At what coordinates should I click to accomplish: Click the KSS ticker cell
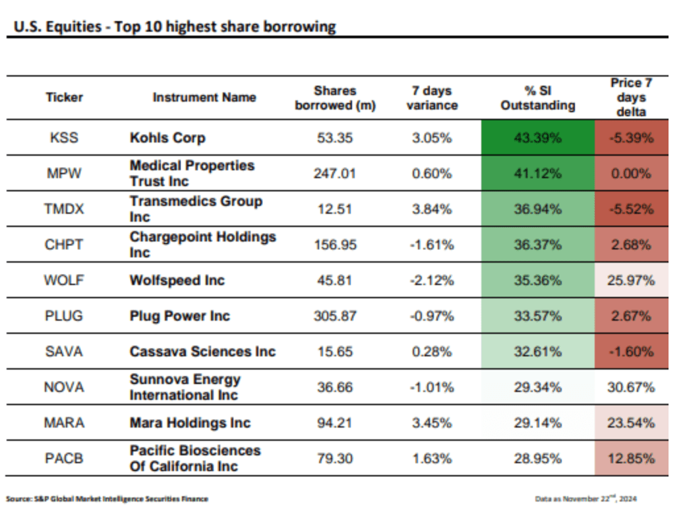64,138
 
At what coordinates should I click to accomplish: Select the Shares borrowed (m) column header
335,98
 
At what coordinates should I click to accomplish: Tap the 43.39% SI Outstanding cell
537,138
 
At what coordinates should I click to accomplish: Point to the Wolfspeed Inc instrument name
177,280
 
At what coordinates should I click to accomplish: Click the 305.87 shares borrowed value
335,316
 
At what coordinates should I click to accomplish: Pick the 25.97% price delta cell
631,280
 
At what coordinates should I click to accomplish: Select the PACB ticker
64,458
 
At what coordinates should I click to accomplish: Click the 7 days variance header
432,98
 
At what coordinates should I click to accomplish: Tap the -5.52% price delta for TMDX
631,209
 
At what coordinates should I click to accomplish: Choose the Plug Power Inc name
179,316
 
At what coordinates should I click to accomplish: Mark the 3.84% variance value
432,209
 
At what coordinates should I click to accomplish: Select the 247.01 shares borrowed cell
335,174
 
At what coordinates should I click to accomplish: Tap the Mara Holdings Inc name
190,423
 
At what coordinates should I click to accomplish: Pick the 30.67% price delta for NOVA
631,387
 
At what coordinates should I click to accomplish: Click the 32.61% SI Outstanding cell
537,352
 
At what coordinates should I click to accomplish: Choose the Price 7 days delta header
631,97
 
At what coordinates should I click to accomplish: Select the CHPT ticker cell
64,245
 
